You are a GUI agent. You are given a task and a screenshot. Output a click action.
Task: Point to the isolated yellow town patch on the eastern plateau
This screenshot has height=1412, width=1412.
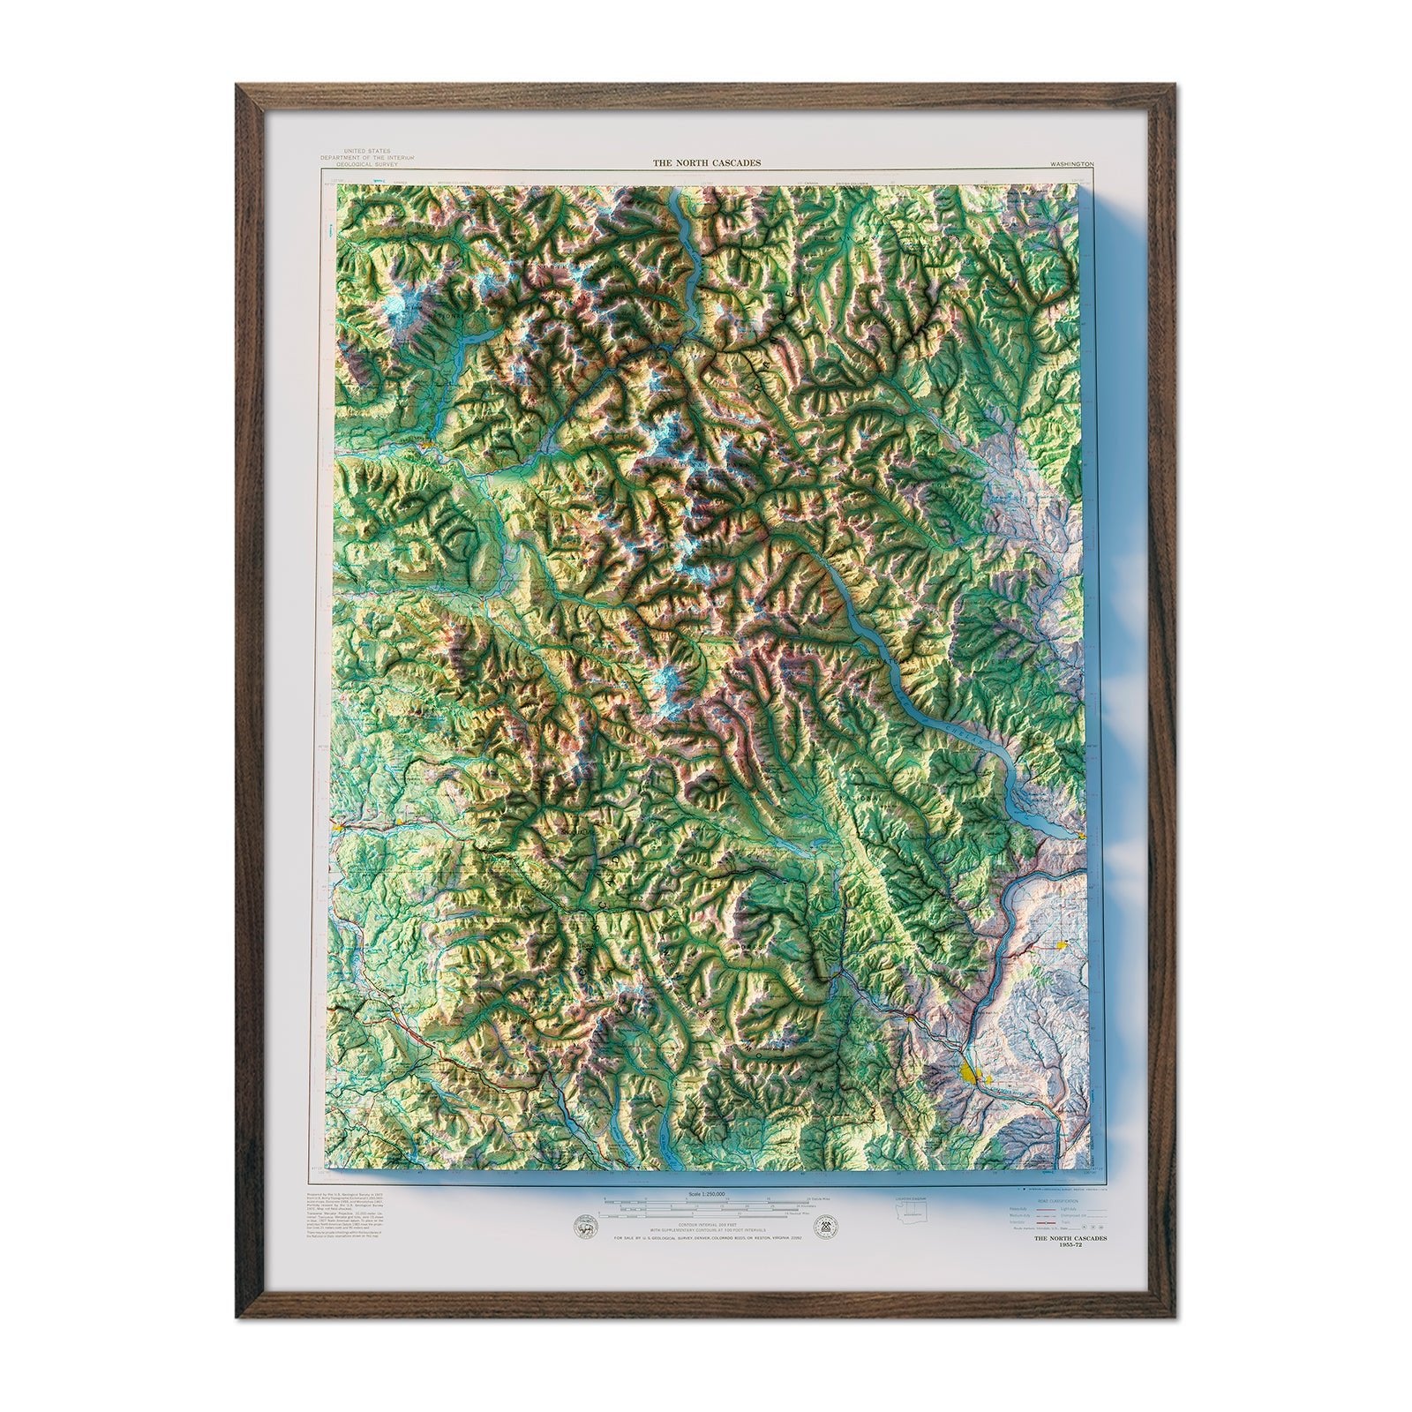coord(1062,944)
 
